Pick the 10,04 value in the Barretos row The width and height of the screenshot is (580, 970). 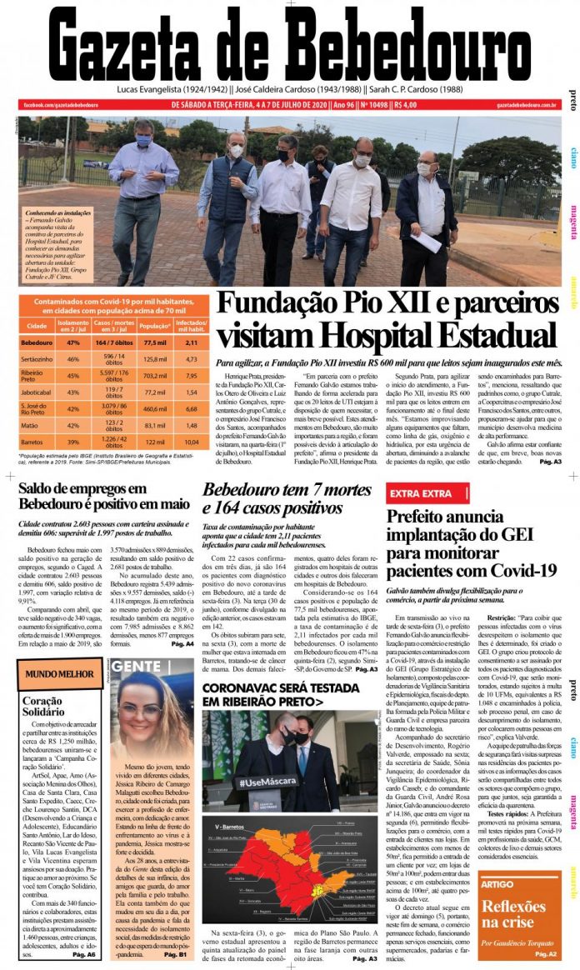(x=191, y=441)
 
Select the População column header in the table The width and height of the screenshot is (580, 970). (x=155, y=326)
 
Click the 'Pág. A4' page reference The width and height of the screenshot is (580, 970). (x=182, y=644)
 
